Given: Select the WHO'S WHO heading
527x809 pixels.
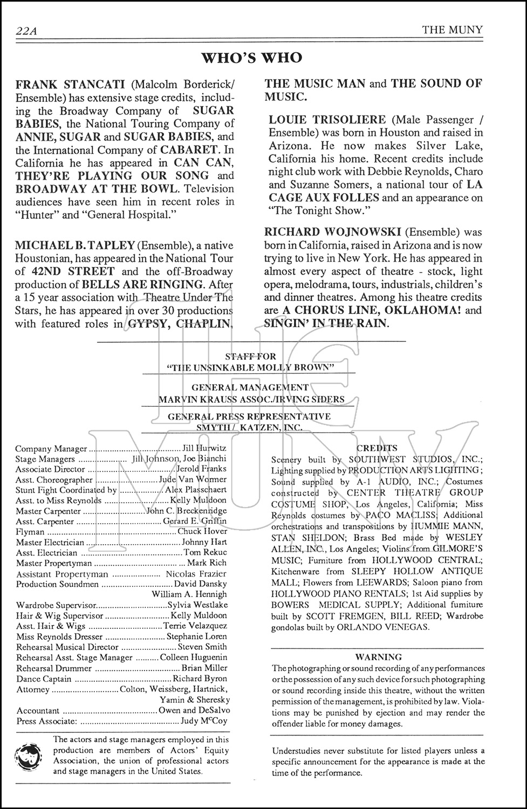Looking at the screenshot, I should click(x=251, y=58).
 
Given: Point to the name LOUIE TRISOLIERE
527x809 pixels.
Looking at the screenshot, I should click(x=327, y=120).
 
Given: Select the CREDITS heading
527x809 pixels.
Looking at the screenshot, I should click(x=377, y=448).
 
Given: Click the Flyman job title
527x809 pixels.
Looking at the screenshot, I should click(x=30, y=532).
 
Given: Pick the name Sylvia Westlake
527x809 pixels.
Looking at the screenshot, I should click(x=197, y=605).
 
